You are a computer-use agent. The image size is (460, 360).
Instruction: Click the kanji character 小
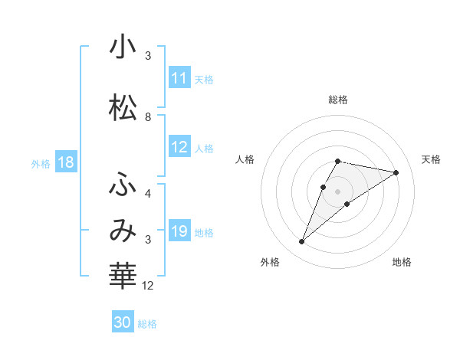(123, 48)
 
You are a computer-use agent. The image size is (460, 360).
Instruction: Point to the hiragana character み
(123, 231)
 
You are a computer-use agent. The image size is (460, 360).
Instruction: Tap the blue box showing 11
(179, 78)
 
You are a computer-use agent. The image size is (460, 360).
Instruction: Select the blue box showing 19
(179, 231)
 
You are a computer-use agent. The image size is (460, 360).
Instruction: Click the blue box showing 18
(65, 162)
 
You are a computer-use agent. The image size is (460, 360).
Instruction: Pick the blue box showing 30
(123, 322)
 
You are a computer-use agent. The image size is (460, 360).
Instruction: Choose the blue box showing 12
(179, 147)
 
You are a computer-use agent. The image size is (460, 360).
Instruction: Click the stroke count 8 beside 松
(148, 116)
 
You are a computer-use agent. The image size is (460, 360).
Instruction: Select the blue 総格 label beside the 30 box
(147, 324)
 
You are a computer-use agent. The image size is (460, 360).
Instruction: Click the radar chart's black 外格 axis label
(270, 262)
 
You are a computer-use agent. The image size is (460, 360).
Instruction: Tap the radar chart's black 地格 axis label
(402, 262)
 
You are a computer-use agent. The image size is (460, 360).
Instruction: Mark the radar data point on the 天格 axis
(396, 172)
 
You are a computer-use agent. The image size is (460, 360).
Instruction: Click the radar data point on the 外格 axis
(302, 242)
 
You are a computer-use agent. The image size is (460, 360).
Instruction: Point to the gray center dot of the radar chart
(338, 191)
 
